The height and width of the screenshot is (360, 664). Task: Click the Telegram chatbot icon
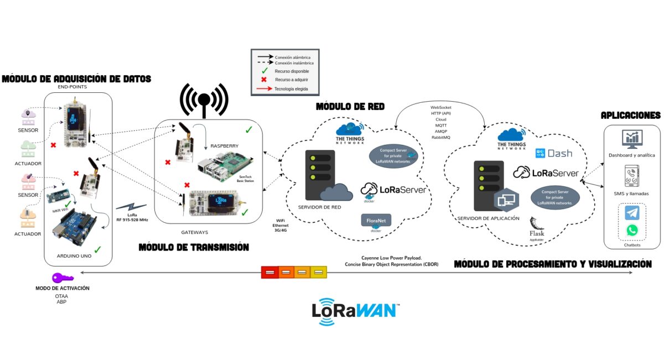tap(632, 213)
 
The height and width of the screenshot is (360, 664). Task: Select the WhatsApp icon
tap(632, 230)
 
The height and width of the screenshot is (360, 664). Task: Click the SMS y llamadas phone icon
tap(631, 177)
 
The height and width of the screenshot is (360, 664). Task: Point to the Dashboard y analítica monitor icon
tap(631, 139)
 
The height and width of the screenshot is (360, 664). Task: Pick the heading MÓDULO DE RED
tap(350, 106)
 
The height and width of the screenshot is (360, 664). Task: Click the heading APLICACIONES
tap(630, 116)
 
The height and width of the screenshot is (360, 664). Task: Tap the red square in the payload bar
tap(269, 272)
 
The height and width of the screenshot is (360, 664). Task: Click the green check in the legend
tap(264, 71)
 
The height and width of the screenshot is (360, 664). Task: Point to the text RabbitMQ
tap(441, 137)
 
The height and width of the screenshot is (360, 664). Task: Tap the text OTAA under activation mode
tap(61, 296)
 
